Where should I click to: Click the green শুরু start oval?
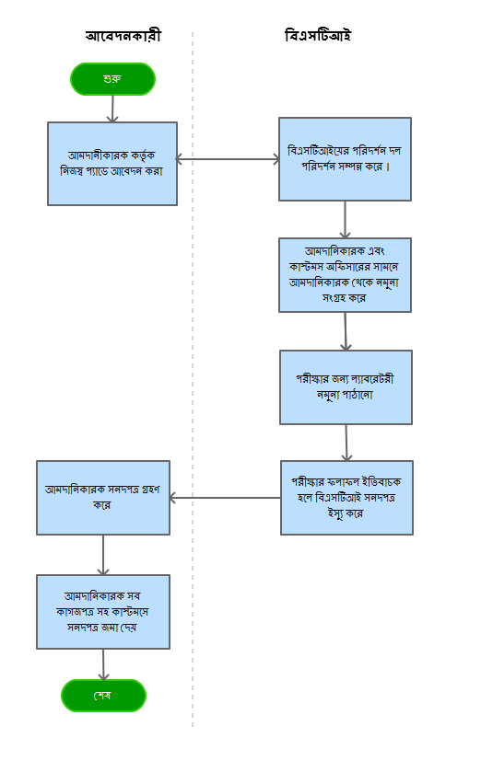112,79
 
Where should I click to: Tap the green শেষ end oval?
103,696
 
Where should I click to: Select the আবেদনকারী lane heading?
123,36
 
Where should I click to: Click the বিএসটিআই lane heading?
318,36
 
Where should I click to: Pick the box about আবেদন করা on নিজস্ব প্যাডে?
112,164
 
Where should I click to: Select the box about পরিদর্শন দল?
345,159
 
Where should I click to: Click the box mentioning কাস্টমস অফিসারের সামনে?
345,275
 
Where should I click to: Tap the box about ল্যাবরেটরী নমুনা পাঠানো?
346,387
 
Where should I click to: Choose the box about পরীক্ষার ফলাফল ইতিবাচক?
346,498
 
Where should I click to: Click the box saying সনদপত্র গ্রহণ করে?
103,498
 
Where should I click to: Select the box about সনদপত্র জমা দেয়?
103,612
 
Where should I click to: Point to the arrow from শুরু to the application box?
112,109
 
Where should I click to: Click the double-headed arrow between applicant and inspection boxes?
228,159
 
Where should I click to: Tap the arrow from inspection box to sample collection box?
345,220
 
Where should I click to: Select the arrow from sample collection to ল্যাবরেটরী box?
346,331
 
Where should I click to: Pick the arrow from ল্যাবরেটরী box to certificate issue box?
346,443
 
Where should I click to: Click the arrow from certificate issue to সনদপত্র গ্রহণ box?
225,498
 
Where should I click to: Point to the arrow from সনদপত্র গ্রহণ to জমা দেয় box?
103,555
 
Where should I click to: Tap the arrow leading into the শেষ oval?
103,664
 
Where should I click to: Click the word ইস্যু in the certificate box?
335,513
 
